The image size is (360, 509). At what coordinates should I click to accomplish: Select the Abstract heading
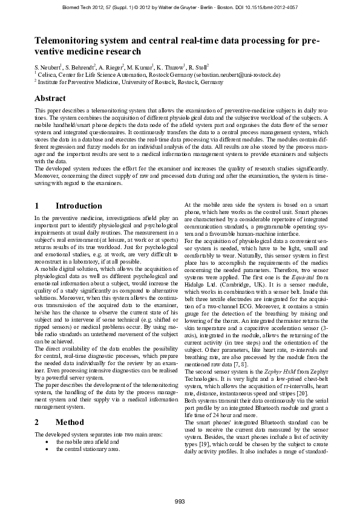pos(50,98)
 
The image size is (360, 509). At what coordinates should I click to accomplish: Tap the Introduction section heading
pos(79,206)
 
